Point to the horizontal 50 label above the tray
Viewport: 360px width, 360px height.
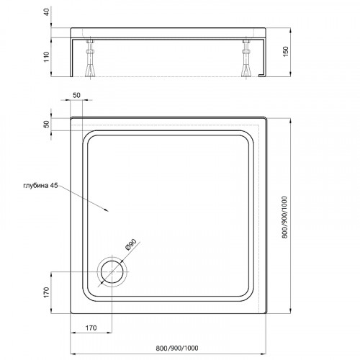point(77,95)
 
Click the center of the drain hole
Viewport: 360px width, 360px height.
point(113,272)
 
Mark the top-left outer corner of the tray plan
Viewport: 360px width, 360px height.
point(71,115)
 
